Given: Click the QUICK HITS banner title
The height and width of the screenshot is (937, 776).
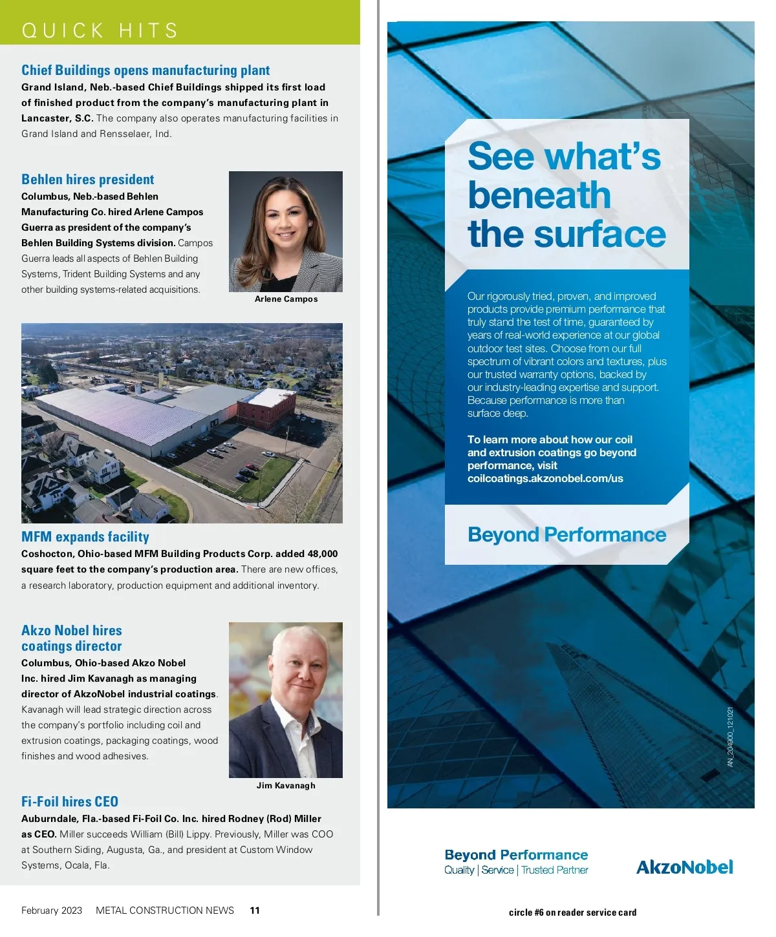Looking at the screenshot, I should (100, 30).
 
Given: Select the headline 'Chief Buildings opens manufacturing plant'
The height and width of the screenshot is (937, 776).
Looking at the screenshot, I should (145, 70).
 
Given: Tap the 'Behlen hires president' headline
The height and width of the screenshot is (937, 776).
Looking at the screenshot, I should (88, 180).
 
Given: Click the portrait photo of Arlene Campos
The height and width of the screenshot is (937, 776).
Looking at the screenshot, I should (286, 231).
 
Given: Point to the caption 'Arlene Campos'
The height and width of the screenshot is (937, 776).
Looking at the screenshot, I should (286, 299).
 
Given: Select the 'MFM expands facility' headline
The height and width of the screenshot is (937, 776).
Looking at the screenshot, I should (85, 537).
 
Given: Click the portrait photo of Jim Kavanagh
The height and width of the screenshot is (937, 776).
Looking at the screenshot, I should (286, 700).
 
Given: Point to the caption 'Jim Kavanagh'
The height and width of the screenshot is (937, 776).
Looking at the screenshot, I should (286, 786).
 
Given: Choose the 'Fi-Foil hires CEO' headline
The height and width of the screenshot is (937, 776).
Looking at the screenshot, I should (70, 802).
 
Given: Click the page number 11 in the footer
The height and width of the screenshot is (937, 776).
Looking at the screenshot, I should (255, 911).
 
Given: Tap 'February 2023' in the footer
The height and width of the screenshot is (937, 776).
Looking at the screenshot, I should (52, 911).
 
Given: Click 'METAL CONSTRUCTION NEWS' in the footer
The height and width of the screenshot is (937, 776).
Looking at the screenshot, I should (165, 911).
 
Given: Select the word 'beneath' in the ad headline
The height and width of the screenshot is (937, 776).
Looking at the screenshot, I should (539, 195).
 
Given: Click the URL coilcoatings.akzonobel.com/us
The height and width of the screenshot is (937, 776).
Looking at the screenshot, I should (545, 479).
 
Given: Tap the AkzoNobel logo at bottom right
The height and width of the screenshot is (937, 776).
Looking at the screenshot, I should (685, 867).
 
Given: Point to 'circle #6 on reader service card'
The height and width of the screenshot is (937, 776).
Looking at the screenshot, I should (572, 912).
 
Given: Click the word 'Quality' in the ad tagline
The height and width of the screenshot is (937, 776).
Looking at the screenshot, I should (459, 870).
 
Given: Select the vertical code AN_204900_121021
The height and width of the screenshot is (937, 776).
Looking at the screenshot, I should (731, 737).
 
